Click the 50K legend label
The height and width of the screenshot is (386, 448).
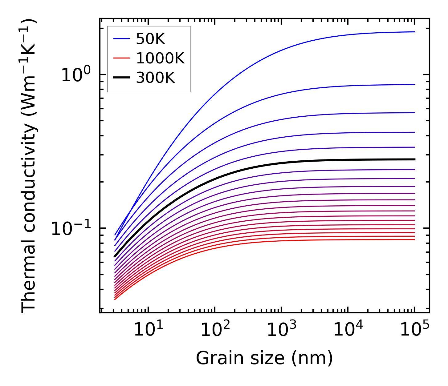tap(150, 39)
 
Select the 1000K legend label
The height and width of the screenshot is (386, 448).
tap(160, 58)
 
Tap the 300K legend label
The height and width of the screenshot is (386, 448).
tap(155, 78)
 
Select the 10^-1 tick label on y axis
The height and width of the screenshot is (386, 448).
tap(71, 228)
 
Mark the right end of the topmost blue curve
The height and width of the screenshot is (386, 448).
tap(414, 32)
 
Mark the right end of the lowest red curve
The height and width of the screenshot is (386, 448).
tap(414, 239)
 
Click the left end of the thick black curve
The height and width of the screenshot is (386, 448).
tap(115, 256)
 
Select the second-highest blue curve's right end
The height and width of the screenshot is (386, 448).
tap(414, 85)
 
